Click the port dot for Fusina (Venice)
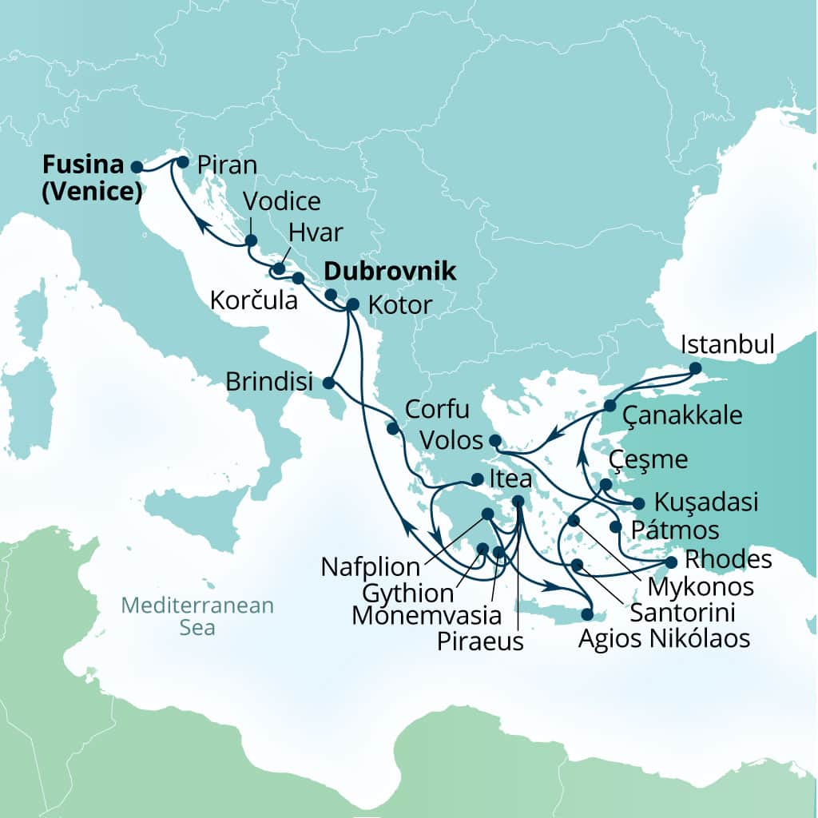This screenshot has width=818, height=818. click(137, 167)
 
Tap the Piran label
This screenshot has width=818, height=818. click(227, 165)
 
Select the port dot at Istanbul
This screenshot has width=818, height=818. click(695, 369)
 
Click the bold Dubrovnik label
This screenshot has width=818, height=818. click(391, 272)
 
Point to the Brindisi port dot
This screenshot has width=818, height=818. click(328, 383)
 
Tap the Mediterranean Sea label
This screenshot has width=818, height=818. click(197, 616)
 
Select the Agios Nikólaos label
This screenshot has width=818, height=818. click(665, 639)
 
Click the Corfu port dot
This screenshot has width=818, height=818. click(393, 429)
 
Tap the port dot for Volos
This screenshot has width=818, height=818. click(494, 441)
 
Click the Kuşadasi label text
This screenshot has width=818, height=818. click(705, 503)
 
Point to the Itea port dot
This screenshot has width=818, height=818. click(477, 480)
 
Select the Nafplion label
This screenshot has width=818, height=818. click(370, 568)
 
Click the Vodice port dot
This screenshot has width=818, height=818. click(251, 240)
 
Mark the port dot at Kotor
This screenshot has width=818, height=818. click(352, 304)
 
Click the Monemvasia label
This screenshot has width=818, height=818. click(427, 615)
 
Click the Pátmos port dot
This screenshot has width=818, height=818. click(615, 527)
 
